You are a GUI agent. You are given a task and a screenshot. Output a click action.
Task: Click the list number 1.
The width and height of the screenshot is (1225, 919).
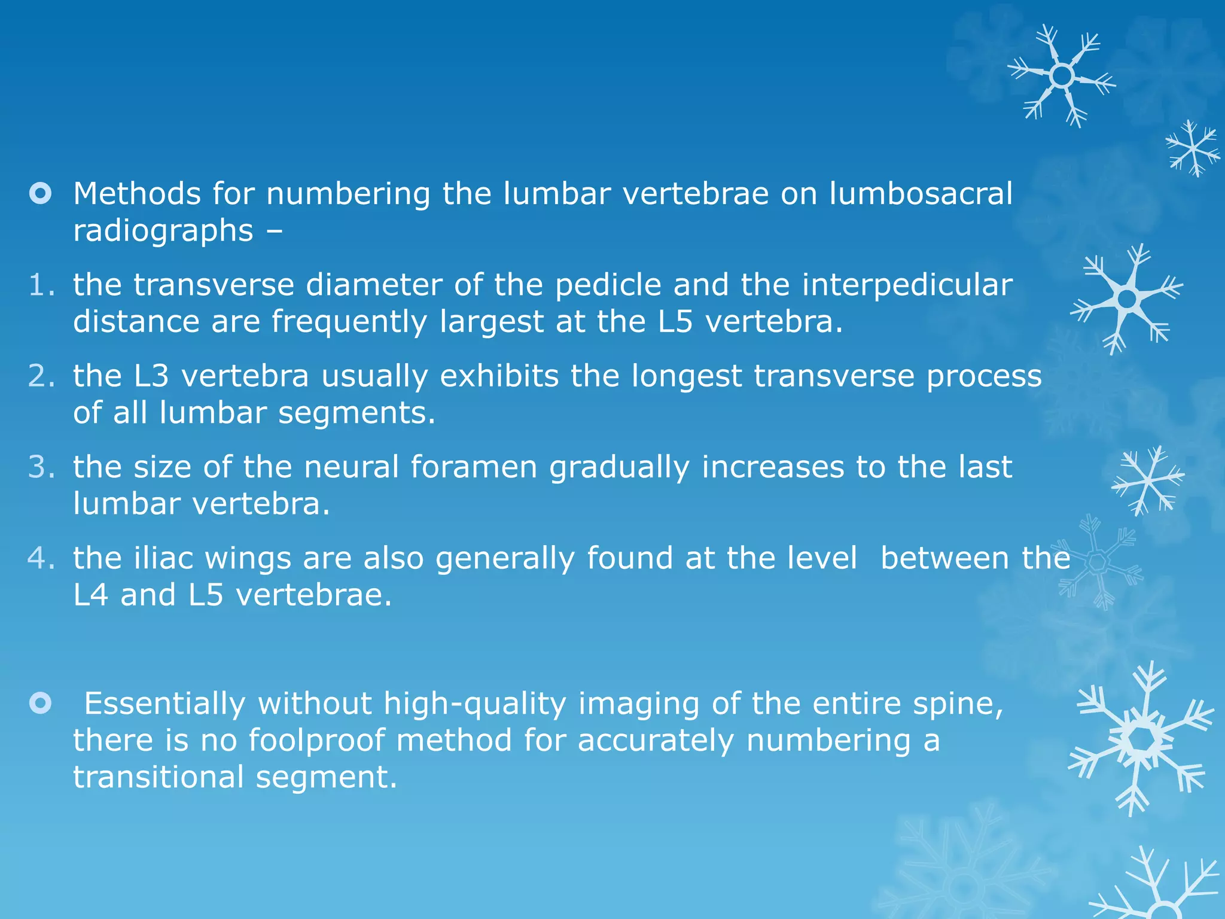(41, 285)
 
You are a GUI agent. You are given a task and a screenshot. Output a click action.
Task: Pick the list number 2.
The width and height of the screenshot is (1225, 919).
(41, 376)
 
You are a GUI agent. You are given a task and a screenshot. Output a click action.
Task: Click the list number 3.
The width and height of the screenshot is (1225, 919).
(41, 467)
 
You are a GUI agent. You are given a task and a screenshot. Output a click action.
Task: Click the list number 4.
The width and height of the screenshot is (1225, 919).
(41, 558)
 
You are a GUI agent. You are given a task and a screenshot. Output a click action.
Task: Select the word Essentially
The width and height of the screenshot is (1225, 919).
(164, 704)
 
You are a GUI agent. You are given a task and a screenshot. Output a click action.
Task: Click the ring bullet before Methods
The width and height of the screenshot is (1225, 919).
(41, 194)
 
